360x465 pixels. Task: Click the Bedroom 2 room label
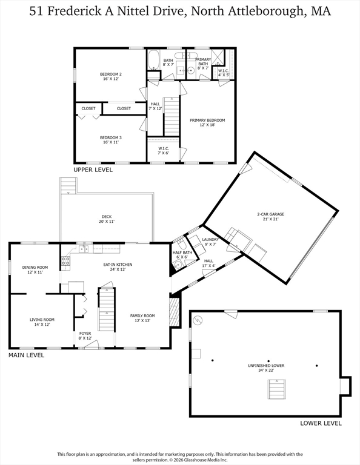[110, 76]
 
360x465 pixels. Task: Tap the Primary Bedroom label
[207, 122]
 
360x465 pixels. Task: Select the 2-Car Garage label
[271, 217]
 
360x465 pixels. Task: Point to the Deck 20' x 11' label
[107, 219]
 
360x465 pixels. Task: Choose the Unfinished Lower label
[266, 368]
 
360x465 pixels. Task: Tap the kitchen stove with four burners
[65, 261]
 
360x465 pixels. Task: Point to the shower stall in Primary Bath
[218, 57]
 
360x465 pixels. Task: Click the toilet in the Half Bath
[181, 245]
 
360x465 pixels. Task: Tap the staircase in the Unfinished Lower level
[277, 389]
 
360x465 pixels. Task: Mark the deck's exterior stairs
[68, 186]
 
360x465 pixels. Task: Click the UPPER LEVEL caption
[93, 170]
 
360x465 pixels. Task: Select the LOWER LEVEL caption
[321, 423]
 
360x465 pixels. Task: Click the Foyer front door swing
[92, 345]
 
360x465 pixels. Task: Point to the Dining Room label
[35, 269]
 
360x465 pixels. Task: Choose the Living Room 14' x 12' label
[42, 322]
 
